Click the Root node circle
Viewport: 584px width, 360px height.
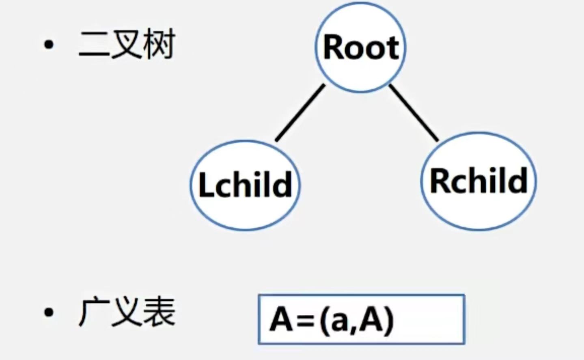360,47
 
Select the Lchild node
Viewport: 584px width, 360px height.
245,185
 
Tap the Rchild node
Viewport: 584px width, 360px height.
478,181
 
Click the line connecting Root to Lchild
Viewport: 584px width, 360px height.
300,112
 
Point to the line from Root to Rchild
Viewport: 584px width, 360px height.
414,113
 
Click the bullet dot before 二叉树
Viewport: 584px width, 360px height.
49,45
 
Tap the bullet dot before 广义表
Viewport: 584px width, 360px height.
49,312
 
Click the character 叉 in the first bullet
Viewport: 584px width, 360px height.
127,45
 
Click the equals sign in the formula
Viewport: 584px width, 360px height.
306,321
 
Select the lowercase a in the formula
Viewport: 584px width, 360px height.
338,323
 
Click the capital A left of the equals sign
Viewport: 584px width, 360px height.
281,319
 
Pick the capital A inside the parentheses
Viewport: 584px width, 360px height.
371,319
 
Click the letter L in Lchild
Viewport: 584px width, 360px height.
206,185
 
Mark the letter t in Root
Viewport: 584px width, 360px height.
393,48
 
